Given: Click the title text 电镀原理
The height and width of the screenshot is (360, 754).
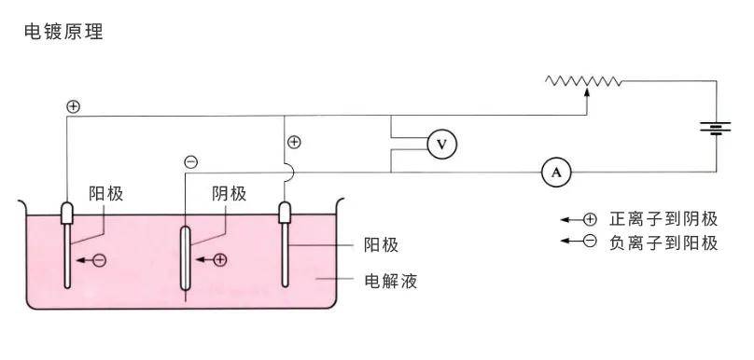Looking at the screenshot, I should tap(63, 33).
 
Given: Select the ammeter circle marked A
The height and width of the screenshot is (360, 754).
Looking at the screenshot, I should tap(556, 172).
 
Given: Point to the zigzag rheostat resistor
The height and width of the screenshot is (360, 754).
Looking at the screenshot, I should tap(584, 82).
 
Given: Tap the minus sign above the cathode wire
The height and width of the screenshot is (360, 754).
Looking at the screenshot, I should tap(191, 162).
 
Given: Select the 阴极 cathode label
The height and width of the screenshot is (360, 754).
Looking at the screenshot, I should tap(229, 193).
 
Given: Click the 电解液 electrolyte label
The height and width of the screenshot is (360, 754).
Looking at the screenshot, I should tap(390, 280).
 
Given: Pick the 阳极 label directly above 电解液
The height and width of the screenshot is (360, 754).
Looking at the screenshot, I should tap(381, 245).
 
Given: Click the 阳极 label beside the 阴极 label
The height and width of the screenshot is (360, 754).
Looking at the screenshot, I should tap(106, 193).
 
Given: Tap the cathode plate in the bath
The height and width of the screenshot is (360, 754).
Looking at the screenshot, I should tap(186, 257).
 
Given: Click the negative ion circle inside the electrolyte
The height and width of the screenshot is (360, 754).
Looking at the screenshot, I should tap(100, 260).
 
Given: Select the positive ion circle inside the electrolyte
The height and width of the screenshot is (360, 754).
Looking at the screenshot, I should tap(220, 260).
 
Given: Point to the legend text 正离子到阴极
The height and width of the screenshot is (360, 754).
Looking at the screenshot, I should tap(663, 219).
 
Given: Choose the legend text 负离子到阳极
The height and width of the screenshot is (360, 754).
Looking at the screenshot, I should tap(663, 242).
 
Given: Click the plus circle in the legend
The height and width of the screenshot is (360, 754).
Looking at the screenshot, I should tap(589, 219).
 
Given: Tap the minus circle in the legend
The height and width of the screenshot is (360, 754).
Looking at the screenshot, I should tap(589, 242).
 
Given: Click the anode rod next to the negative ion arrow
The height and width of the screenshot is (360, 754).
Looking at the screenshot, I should tap(68, 252).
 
